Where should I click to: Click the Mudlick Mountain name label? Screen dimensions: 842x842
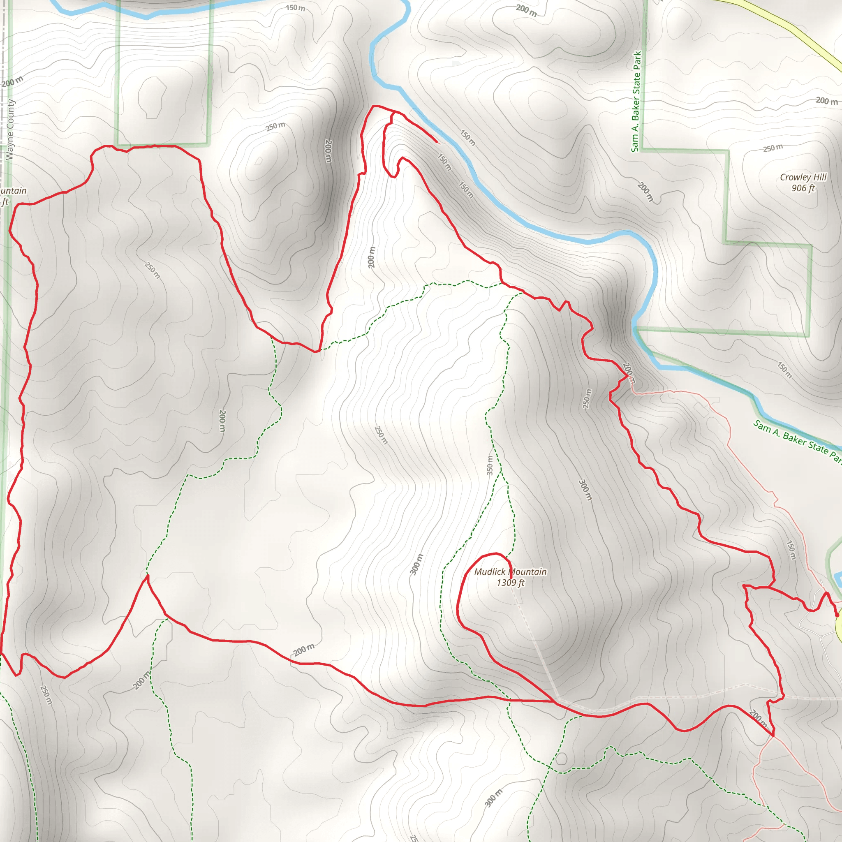click(x=510, y=572)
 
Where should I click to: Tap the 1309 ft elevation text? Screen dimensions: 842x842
click(x=510, y=583)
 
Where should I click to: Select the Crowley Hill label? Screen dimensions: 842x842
click(x=803, y=177)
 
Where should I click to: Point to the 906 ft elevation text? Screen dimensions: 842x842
click(x=803, y=188)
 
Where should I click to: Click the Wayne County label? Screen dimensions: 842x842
click(x=10, y=130)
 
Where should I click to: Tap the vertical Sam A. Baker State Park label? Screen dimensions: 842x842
click(x=636, y=102)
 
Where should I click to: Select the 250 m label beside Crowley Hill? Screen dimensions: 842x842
click(x=773, y=148)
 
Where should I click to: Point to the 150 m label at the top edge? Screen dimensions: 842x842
click(x=296, y=8)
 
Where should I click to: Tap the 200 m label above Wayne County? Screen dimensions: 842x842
click(x=12, y=81)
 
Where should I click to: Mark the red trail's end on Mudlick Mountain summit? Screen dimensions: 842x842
click(x=511, y=578)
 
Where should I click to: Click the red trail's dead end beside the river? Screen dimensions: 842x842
click(x=437, y=142)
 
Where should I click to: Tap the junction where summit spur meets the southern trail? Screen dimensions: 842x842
click(x=555, y=701)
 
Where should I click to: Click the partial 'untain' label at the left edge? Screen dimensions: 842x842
click(x=13, y=191)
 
